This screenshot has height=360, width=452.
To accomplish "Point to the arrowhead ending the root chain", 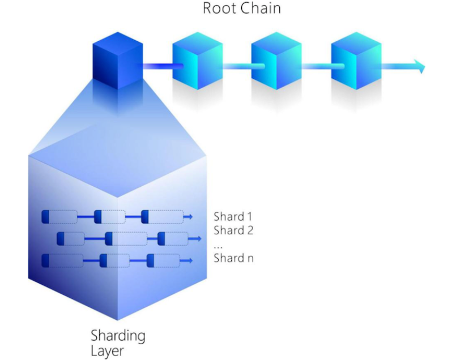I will click(420, 67).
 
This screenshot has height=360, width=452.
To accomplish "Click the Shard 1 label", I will click(233, 216).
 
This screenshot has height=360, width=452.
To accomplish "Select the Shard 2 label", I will click(233, 230).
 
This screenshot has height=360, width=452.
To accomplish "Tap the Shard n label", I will click(233, 259).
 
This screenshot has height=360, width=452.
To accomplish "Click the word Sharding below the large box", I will click(118, 336).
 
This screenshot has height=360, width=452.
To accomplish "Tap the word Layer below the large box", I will click(107, 351).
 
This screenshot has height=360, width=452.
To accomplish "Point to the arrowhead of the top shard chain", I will click(190, 217).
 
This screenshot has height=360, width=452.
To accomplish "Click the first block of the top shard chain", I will click(59, 217).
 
